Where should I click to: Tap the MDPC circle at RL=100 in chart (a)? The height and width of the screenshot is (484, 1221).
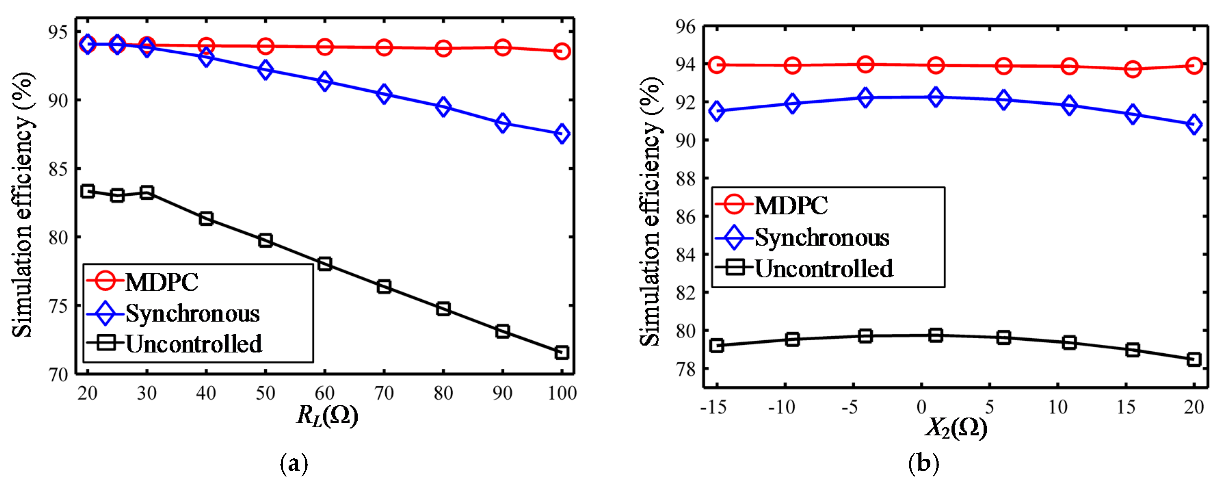pyautogui.click(x=562, y=51)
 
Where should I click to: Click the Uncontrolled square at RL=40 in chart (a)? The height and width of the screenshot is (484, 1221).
pyautogui.click(x=206, y=219)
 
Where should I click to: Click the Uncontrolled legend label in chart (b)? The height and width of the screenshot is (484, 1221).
pyautogui.click(x=824, y=269)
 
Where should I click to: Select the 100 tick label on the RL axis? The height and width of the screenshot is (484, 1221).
pyautogui.click(x=562, y=393)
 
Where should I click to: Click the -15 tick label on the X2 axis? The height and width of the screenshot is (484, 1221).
pyautogui.click(x=713, y=407)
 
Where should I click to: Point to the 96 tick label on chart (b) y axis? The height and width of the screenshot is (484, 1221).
pyautogui.click(x=685, y=27)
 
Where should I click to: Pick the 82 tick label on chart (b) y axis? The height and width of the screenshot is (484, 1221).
pyautogui.click(x=685, y=293)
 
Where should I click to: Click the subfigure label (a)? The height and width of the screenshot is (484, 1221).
pyautogui.click(x=294, y=463)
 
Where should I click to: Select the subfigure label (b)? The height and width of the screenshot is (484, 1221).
pyautogui.click(x=923, y=463)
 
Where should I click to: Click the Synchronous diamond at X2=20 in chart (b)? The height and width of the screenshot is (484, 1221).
pyautogui.click(x=1194, y=125)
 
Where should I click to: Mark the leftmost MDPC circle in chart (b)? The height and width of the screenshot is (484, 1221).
pyautogui.click(x=717, y=65)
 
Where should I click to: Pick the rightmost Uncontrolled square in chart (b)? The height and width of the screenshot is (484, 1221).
pyautogui.click(x=1194, y=359)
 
